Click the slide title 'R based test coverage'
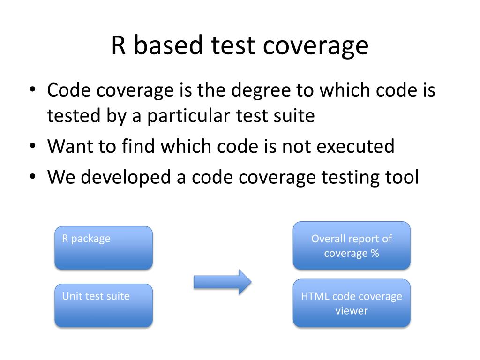coord(240,46)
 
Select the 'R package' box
coord(104,248)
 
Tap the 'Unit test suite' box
coord(104,305)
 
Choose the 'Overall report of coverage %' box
coord(352,246)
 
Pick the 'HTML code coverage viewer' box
coord(352,303)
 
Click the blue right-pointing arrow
coord(223,282)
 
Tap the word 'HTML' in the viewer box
coord(315,296)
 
